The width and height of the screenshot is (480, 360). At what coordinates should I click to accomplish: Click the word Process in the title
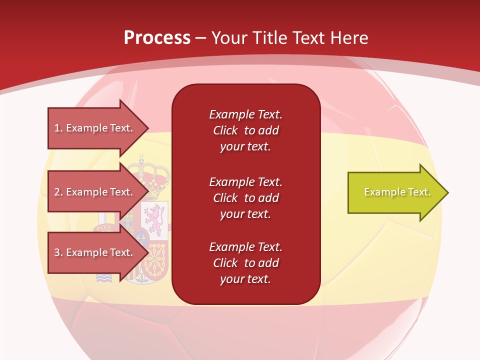tap(157, 37)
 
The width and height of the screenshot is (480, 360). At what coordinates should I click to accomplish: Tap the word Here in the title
tap(348, 37)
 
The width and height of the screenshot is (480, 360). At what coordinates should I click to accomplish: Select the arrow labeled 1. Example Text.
tap(95, 128)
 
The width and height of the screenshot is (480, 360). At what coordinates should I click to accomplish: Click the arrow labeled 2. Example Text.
tap(95, 192)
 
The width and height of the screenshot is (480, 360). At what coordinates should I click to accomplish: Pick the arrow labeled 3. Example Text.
tap(95, 252)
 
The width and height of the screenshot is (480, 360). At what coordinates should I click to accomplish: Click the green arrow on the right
tap(395, 192)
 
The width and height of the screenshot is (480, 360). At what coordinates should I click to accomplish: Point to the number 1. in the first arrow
tap(58, 128)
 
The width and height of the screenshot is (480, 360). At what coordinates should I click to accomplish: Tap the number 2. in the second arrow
tap(58, 192)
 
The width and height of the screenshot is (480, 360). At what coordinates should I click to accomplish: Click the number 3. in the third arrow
tap(58, 252)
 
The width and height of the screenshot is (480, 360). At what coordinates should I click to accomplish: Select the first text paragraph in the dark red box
tap(245, 130)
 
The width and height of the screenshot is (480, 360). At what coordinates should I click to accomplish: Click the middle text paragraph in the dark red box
tap(245, 198)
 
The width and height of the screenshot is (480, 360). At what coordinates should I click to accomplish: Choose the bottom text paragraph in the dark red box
tap(245, 263)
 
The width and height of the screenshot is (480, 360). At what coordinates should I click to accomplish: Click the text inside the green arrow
tap(397, 192)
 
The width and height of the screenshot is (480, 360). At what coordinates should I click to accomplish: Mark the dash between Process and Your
tap(201, 38)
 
